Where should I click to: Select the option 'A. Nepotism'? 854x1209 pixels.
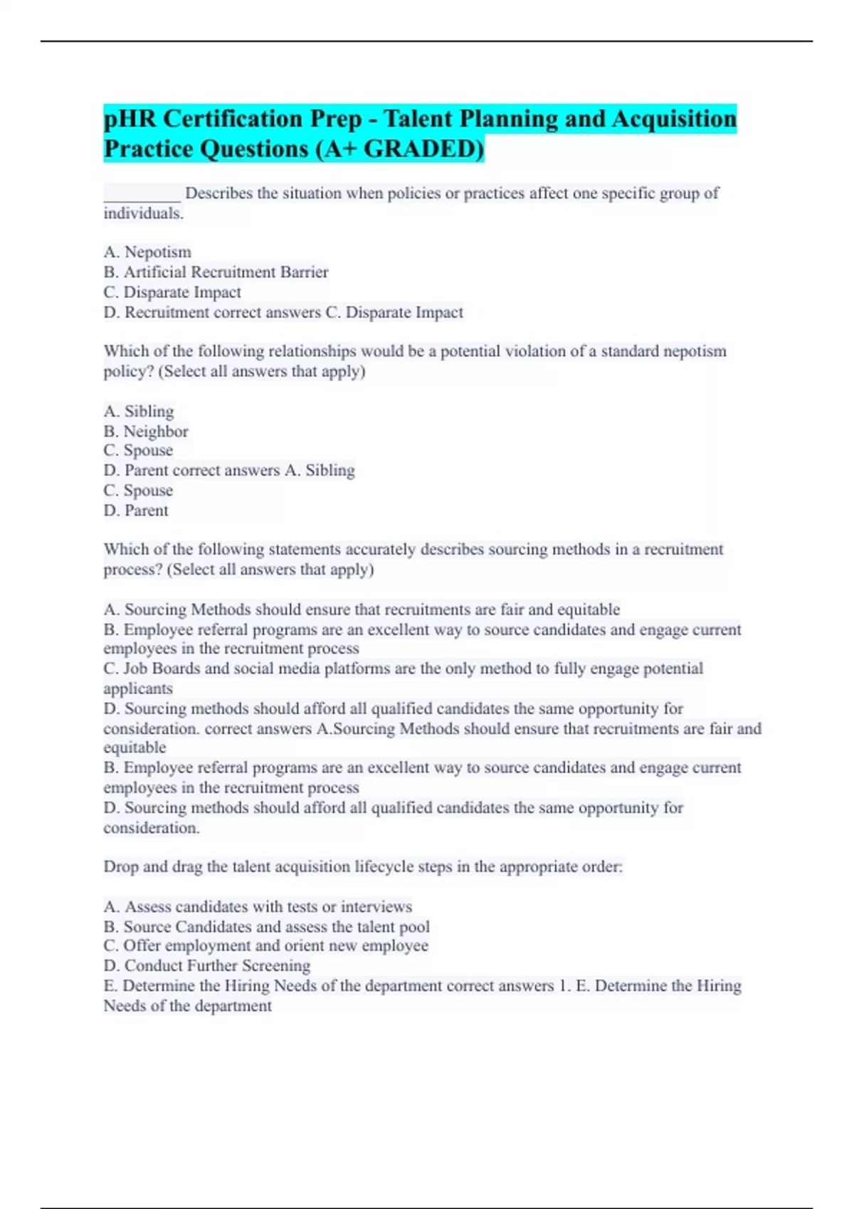click(x=147, y=252)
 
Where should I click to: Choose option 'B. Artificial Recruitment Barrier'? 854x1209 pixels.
click(x=216, y=272)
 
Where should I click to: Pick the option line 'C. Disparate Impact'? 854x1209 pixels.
click(x=172, y=292)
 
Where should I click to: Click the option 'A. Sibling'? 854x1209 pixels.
click(x=139, y=411)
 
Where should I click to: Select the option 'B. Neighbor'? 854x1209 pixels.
click(x=146, y=431)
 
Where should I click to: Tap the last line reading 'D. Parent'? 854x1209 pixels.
click(x=136, y=511)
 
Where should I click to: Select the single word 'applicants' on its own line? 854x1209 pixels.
click(x=138, y=688)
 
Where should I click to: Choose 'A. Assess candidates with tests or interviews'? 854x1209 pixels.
click(x=258, y=907)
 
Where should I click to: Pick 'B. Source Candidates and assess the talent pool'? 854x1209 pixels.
click(x=266, y=927)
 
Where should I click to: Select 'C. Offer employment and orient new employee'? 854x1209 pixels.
click(x=265, y=946)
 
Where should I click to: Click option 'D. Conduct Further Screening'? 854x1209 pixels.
click(x=206, y=966)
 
